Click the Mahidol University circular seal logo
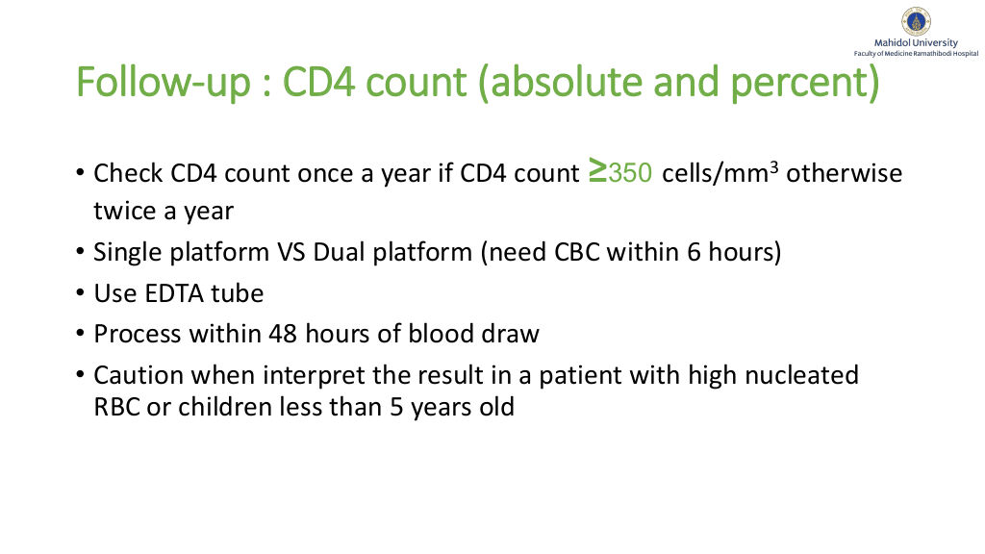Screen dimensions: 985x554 pyautogui.click(x=916, y=21)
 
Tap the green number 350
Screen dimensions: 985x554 pyautogui.click(x=630, y=173)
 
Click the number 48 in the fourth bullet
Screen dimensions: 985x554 pyautogui.click(x=283, y=334)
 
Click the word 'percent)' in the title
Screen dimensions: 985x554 pyautogui.click(x=805, y=83)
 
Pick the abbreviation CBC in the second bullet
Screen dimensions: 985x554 pyautogui.click(x=577, y=253)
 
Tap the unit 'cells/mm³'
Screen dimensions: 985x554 pyautogui.click(x=720, y=173)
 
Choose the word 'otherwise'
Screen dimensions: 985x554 pyautogui.click(x=845, y=173)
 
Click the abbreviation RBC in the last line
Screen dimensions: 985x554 pyautogui.click(x=116, y=407)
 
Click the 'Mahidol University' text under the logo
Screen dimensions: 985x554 pyautogui.click(x=916, y=42)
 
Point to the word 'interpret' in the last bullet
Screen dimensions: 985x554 pyautogui.click(x=313, y=376)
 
